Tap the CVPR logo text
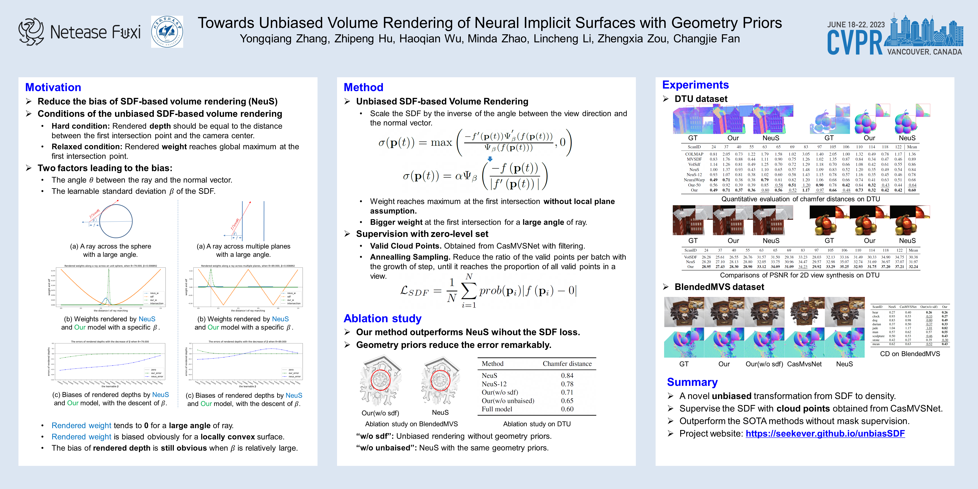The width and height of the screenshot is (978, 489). click(x=855, y=42)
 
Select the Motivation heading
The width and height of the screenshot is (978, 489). click(x=53, y=87)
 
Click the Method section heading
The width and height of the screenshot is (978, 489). click(x=363, y=87)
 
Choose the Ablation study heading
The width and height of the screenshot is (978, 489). click(x=382, y=318)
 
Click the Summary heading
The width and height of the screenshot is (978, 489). click(x=692, y=382)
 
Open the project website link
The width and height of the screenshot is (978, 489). click(x=825, y=434)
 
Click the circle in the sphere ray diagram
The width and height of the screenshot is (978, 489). click(x=116, y=221)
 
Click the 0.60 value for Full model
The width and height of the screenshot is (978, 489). click(x=567, y=409)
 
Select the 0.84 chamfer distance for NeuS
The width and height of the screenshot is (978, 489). click(x=567, y=375)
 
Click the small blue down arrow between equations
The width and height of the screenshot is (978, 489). click(x=490, y=159)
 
